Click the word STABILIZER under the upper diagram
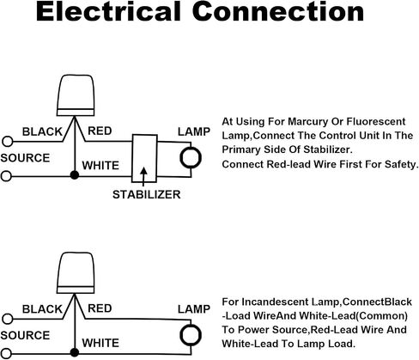[x=147, y=195]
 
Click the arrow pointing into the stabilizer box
[x=143, y=177]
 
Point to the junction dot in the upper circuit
[x=75, y=175]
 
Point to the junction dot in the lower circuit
[x=75, y=352]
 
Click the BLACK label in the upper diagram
[x=42, y=131]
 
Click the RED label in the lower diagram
[x=100, y=308]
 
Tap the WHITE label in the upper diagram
[x=100, y=166]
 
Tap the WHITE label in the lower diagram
[x=100, y=343]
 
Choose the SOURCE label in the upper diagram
[x=25, y=158]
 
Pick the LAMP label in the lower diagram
[x=194, y=309]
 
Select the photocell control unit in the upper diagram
[x=76, y=95]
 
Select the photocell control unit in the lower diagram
[x=76, y=273]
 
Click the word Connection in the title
[x=278, y=11]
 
